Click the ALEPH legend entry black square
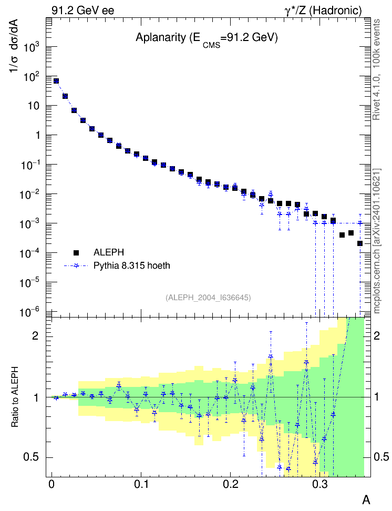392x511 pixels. tap(76, 252)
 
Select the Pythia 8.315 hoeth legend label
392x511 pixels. tap(132, 265)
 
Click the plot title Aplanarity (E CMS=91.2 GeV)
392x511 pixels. tap(207, 39)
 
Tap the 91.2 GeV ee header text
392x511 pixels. tap(83, 11)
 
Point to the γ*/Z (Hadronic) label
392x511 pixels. tap(323, 11)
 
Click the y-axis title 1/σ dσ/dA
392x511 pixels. tap(14, 46)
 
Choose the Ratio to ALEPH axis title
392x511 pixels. tap(15, 397)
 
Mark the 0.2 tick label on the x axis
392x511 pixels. tap(230, 484)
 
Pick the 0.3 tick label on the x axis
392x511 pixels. tap(320, 484)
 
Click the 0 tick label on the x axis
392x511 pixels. tap(51, 484)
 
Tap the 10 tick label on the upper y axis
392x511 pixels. tap(34, 106)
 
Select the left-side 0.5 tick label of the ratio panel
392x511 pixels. tap(32, 457)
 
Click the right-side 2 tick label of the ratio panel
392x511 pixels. tap(377, 336)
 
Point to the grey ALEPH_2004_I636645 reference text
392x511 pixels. tap(208, 298)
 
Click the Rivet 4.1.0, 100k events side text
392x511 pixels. tap(376, 69)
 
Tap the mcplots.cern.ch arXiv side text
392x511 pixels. tap(376, 241)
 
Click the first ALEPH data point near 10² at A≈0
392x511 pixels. tap(56, 81)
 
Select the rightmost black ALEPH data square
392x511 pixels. tap(360, 243)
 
